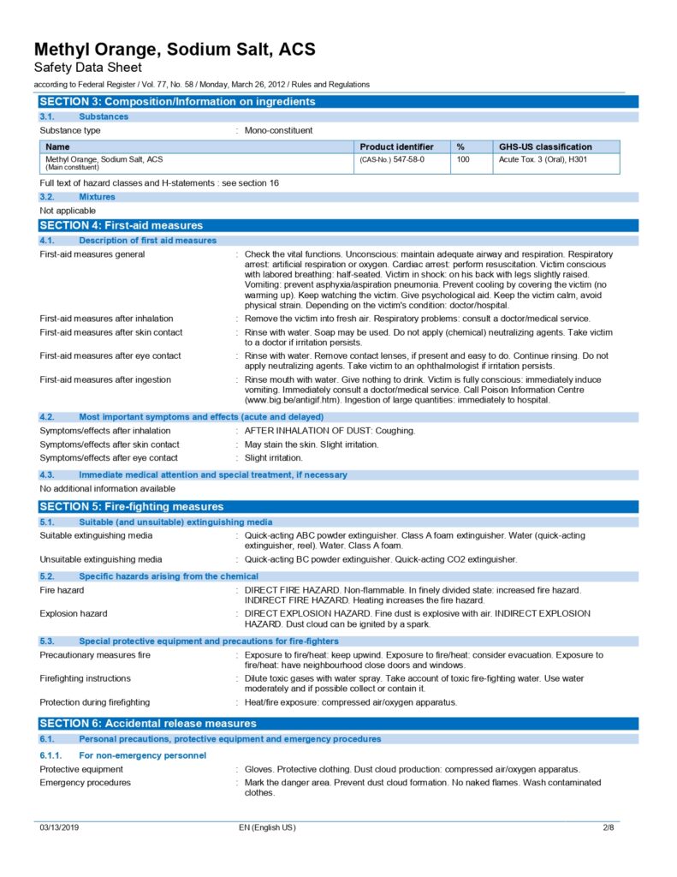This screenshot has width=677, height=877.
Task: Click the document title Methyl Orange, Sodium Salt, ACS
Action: pos(175,50)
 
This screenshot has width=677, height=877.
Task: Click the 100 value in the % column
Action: pos(462,159)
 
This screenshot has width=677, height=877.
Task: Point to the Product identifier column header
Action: pos(396,146)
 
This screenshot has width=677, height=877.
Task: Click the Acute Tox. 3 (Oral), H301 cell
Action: pos(543,159)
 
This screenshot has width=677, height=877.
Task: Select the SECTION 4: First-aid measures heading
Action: pos(121,225)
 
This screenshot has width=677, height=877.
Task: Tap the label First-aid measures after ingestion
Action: pos(105,379)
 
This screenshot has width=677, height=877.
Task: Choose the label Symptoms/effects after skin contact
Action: pos(110,444)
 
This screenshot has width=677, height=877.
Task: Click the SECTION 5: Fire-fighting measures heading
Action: pos(131,506)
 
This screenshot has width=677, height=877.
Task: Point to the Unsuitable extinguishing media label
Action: pos(101,559)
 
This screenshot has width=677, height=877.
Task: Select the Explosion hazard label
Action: pos(74,614)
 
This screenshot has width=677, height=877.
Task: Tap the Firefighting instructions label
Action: pos(86,678)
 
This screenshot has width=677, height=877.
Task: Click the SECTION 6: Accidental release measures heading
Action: pos(147,724)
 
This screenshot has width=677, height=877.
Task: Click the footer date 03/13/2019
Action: pos(59,827)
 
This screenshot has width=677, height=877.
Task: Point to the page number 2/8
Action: pos(609,827)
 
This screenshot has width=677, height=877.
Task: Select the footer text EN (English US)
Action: pos(267,827)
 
